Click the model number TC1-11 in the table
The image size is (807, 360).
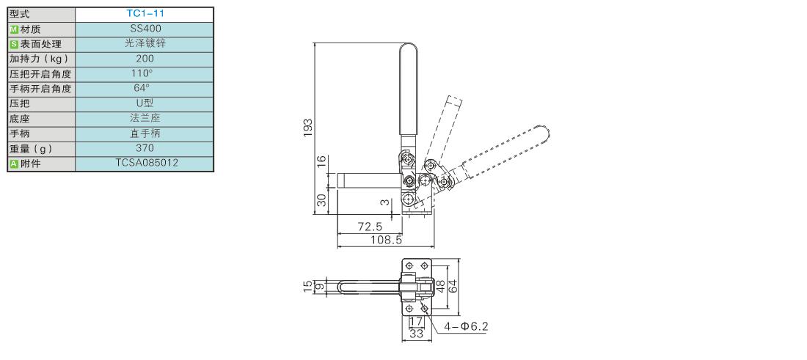pyautogui.click(x=145, y=14)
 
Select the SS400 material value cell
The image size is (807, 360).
pyautogui.click(x=145, y=29)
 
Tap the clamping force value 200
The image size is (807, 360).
pyautogui.click(x=145, y=59)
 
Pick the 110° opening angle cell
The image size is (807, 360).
pyautogui.click(x=144, y=73)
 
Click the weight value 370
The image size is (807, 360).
pyautogui.click(x=145, y=148)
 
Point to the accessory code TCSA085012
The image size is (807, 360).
pyautogui.click(x=145, y=163)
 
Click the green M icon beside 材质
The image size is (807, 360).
pyautogui.click(x=14, y=29)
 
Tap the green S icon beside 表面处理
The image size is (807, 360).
pyautogui.click(x=14, y=44)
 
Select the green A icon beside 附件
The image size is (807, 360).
pyautogui.click(x=14, y=164)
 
